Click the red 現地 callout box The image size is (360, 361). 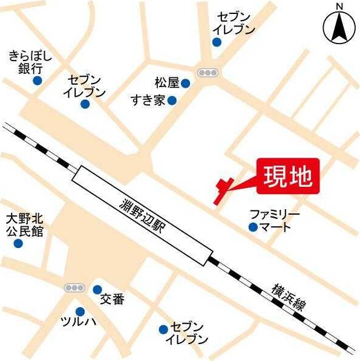tap(287, 177)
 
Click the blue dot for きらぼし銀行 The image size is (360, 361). tap(37, 80)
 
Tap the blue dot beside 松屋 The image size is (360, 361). tap(185, 83)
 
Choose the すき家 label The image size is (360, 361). tap(148, 100)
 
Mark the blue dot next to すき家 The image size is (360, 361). tap(172, 100)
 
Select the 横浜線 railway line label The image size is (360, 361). tap(287, 296)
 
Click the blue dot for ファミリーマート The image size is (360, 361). tap(252, 227)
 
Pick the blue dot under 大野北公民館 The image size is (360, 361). tap(18, 244)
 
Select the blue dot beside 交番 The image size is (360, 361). tap(97, 290)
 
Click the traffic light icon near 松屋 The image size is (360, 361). tap(208, 73)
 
